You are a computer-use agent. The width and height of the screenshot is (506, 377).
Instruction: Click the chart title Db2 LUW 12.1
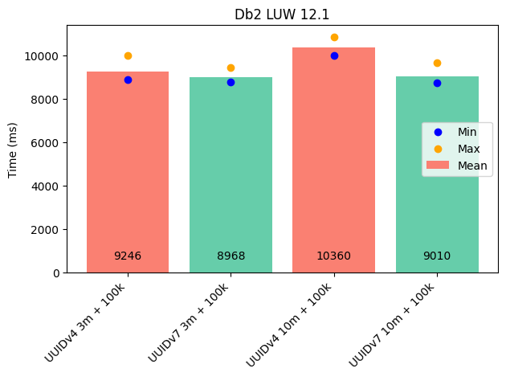pyautogui.click(x=282, y=14)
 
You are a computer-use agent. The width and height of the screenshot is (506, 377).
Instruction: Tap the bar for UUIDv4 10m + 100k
pyautogui.click(x=333, y=161)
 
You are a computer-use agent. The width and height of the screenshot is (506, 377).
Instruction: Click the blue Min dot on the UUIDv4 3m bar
pyautogui.click(x=128, y=80)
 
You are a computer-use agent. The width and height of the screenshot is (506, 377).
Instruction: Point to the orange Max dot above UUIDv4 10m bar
pyautogui.click(x=334, y=37)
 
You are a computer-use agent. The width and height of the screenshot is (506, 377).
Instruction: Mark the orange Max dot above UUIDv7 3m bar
pyautogui.click(x=231, y=68)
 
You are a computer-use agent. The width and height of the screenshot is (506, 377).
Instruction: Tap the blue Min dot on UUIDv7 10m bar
pyautogui.click(x=437, y=83)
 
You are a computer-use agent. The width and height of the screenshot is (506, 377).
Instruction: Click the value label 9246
pyautogui.click(x=128, y=256)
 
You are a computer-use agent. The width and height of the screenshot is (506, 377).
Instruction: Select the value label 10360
pyautogui.click(x=333, y=256)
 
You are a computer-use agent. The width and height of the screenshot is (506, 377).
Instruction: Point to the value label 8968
pyautogui.click(x=231, y=256)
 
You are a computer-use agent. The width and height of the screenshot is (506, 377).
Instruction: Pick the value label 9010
pyautogui.click(x=437, y=256)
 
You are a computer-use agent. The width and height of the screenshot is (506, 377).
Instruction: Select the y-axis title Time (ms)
pyautogui.click(x=13, y=150)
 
